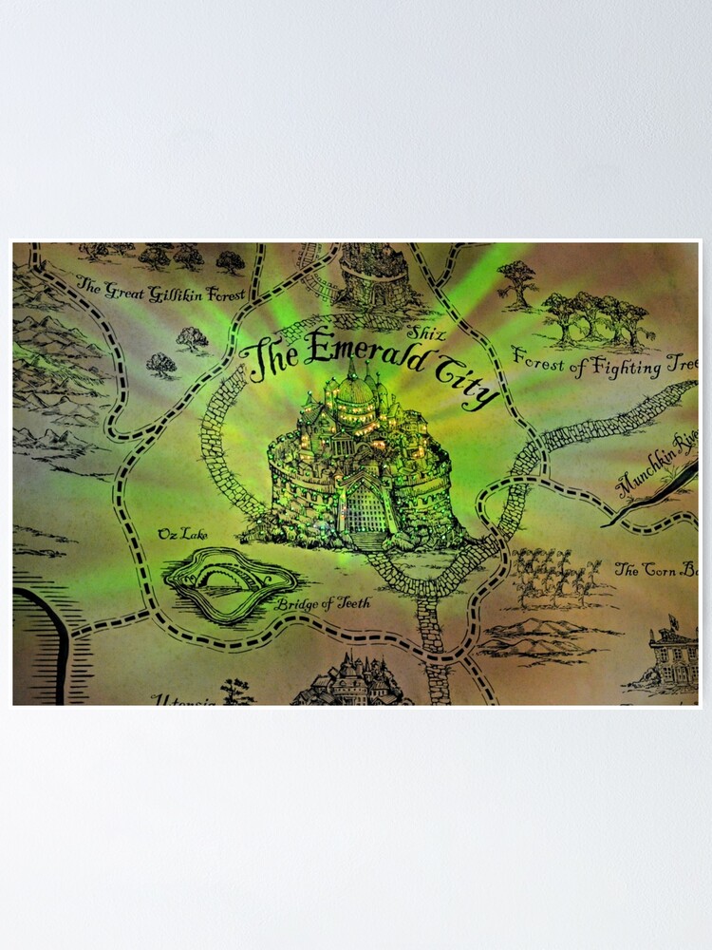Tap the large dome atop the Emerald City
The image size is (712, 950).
click(357, 388)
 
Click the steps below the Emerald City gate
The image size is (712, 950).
click(369, 541)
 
